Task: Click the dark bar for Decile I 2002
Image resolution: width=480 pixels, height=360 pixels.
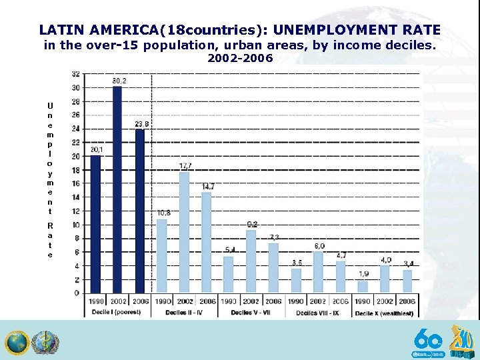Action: [x=117, y=190]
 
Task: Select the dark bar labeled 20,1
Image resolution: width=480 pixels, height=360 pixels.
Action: [x=95, y=224]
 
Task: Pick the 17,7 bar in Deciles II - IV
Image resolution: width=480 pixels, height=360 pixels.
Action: [x=185, y=232]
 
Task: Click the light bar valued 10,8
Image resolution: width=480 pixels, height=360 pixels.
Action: [x=162, y=256]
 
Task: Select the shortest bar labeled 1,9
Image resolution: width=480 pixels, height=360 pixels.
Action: [x=363, y=286]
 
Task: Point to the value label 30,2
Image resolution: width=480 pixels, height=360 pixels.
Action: [x=119, y=81]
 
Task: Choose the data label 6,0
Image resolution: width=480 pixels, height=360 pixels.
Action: [x=319, y=246]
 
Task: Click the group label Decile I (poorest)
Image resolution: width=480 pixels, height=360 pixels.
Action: [x=117, y=312]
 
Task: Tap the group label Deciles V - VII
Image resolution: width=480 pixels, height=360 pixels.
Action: [x=251, y=312]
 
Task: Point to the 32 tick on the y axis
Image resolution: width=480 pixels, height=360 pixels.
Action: [x=76, y=74]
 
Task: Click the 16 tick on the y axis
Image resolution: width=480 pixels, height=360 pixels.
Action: [x=76, y=183]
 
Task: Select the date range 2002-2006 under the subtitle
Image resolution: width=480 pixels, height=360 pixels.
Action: [x=240, y=59]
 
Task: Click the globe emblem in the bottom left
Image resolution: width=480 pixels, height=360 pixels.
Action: [x=17, y=343]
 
